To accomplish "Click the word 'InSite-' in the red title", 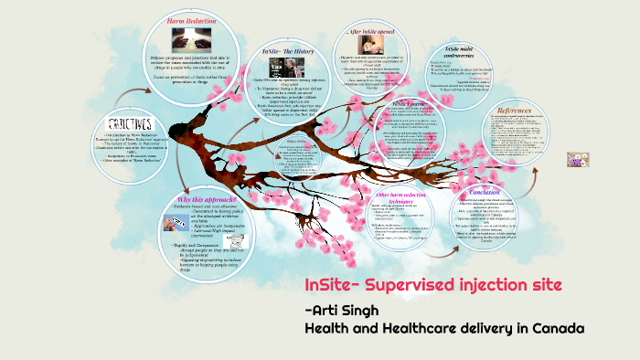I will (333, 285).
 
